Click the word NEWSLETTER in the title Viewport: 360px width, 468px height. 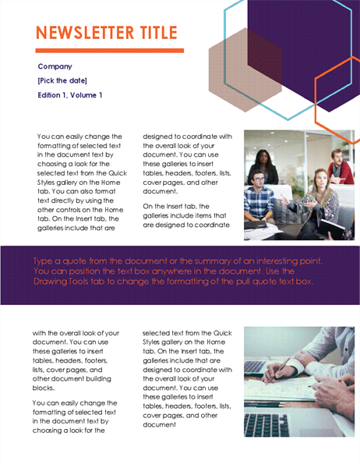85,33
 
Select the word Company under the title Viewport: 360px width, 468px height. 55,66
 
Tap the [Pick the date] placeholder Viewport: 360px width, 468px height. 62,80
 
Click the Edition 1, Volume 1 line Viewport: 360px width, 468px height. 70,95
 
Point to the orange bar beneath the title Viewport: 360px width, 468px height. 109,51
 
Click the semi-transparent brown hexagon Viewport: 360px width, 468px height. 245,70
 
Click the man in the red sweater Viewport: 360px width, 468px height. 340,167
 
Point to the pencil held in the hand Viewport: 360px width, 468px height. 278,370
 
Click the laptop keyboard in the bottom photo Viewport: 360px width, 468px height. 266,424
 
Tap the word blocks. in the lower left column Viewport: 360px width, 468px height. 44,388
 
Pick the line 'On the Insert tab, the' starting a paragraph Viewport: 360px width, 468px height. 176,206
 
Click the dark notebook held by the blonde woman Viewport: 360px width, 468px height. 331,229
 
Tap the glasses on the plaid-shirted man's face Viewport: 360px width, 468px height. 259,179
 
